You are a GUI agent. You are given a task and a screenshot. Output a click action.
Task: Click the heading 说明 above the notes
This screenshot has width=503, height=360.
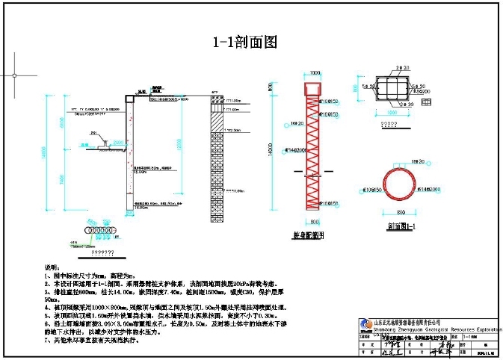pyautogui.click(x=51, y=267)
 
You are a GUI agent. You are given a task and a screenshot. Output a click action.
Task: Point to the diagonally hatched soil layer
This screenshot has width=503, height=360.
pyautogui.click(x=215, y=117)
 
